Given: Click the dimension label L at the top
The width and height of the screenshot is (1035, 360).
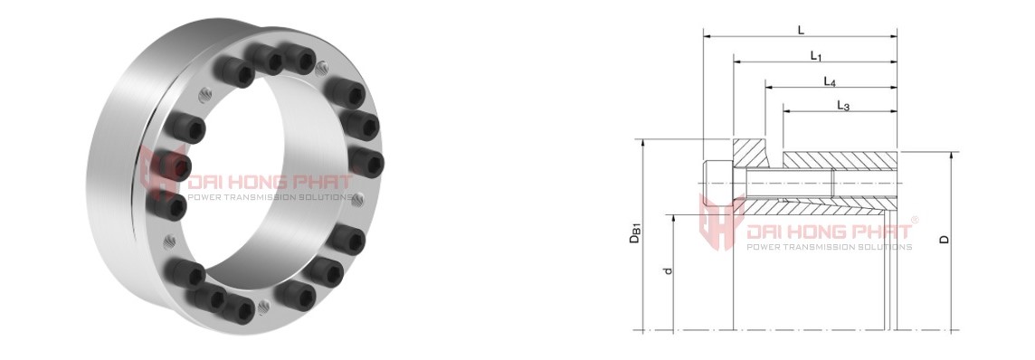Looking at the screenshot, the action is pos(801,30).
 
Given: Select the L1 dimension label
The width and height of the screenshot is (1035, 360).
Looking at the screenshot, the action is pos(816,56).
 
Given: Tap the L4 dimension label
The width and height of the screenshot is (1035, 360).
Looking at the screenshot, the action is pos(831,81).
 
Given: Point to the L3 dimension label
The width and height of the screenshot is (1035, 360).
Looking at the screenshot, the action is pos(843,106).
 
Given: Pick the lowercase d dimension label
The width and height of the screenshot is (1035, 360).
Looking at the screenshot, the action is pos(668,270).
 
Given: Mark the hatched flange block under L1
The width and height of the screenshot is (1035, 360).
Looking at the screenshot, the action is pos(750,153).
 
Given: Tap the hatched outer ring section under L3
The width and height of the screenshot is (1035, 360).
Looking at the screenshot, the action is pos(840,159).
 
